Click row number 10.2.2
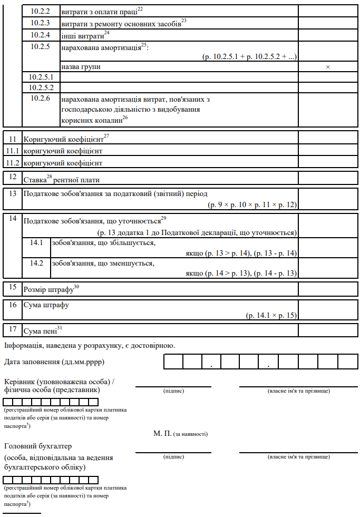point(40,10)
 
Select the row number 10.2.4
point(40,35)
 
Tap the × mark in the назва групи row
point(328,67)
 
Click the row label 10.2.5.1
point(37,77)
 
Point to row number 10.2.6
point(40,98)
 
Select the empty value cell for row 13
point(328,199)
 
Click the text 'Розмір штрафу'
point(51,289)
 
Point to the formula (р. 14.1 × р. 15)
point(271,315)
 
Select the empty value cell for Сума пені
point(328,330)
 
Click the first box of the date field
point(173,362)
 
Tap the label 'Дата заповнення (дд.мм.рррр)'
point(54,362)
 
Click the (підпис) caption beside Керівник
point(173,391)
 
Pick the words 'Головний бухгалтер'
point(37,446)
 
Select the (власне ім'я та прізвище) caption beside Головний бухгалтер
point(298,456)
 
